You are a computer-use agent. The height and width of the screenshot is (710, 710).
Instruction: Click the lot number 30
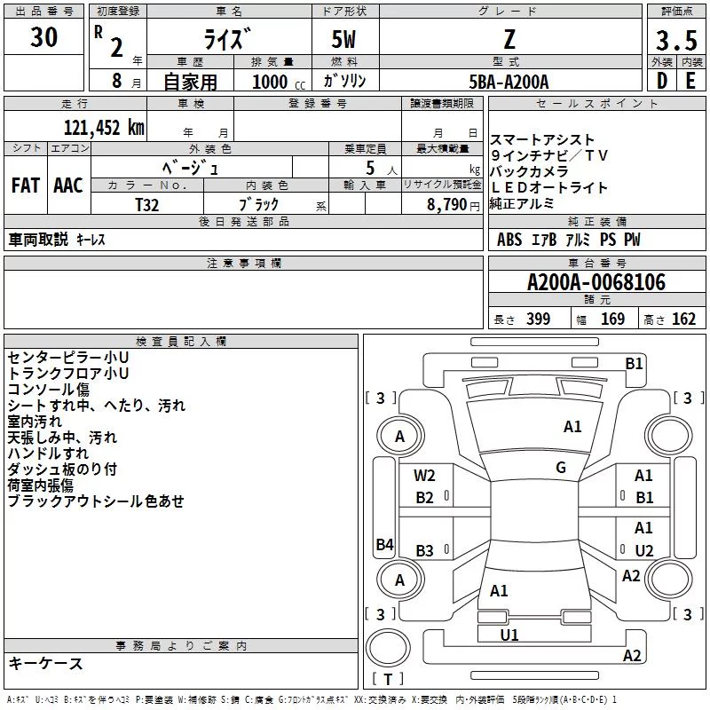(43, 36)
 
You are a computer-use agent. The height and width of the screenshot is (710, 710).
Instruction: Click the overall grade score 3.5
(676, 40)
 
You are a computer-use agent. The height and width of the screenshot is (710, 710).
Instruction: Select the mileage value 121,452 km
(104, 128)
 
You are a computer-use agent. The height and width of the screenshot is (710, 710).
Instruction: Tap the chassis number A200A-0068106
(596, 282)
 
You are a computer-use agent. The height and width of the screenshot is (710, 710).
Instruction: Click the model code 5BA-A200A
(509, 82)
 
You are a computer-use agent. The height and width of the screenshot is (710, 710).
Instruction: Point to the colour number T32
(147, 205)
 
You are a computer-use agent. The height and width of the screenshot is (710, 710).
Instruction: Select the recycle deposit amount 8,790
(447, 205)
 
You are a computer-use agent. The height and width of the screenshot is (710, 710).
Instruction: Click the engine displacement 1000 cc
(279, 82)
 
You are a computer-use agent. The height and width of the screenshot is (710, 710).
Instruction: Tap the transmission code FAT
(26, 185)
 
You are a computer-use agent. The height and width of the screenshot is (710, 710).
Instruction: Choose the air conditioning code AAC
(68, 185)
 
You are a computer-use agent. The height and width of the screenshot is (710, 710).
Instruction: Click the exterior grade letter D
(662, 81)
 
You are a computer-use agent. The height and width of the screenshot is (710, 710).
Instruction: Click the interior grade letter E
(690, 81)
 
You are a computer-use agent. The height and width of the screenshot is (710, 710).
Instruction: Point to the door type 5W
(343, 40)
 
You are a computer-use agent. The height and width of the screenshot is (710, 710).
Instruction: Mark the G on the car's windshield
(561, 468)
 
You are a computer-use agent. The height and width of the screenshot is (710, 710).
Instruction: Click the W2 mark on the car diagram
(424, 476)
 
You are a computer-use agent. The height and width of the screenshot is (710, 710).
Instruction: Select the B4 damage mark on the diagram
(385, 544)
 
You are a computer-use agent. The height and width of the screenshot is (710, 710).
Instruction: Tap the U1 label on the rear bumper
(509, 635)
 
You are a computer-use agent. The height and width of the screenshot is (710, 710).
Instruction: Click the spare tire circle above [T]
(388, 648)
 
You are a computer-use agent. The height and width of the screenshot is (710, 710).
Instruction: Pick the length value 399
(539, 319)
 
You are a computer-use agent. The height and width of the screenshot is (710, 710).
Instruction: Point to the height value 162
(683, 319)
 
